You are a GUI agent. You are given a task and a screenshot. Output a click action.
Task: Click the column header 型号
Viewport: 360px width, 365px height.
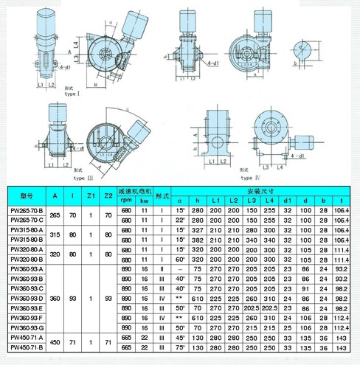[27, 195]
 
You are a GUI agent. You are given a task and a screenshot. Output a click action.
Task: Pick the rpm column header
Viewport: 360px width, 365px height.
[125, 199]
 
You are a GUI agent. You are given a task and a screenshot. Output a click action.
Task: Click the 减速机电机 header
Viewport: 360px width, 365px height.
[136, 190]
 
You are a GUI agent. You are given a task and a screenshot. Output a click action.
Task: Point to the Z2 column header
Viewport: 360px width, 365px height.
[108, 195]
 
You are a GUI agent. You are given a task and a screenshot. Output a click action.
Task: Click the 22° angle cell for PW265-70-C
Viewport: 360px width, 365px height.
[179, 220]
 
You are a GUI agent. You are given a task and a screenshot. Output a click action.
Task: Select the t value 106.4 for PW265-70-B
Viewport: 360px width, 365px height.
[341, 209]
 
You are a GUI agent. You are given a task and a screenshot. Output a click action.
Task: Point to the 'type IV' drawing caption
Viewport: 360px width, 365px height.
[250, 178]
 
